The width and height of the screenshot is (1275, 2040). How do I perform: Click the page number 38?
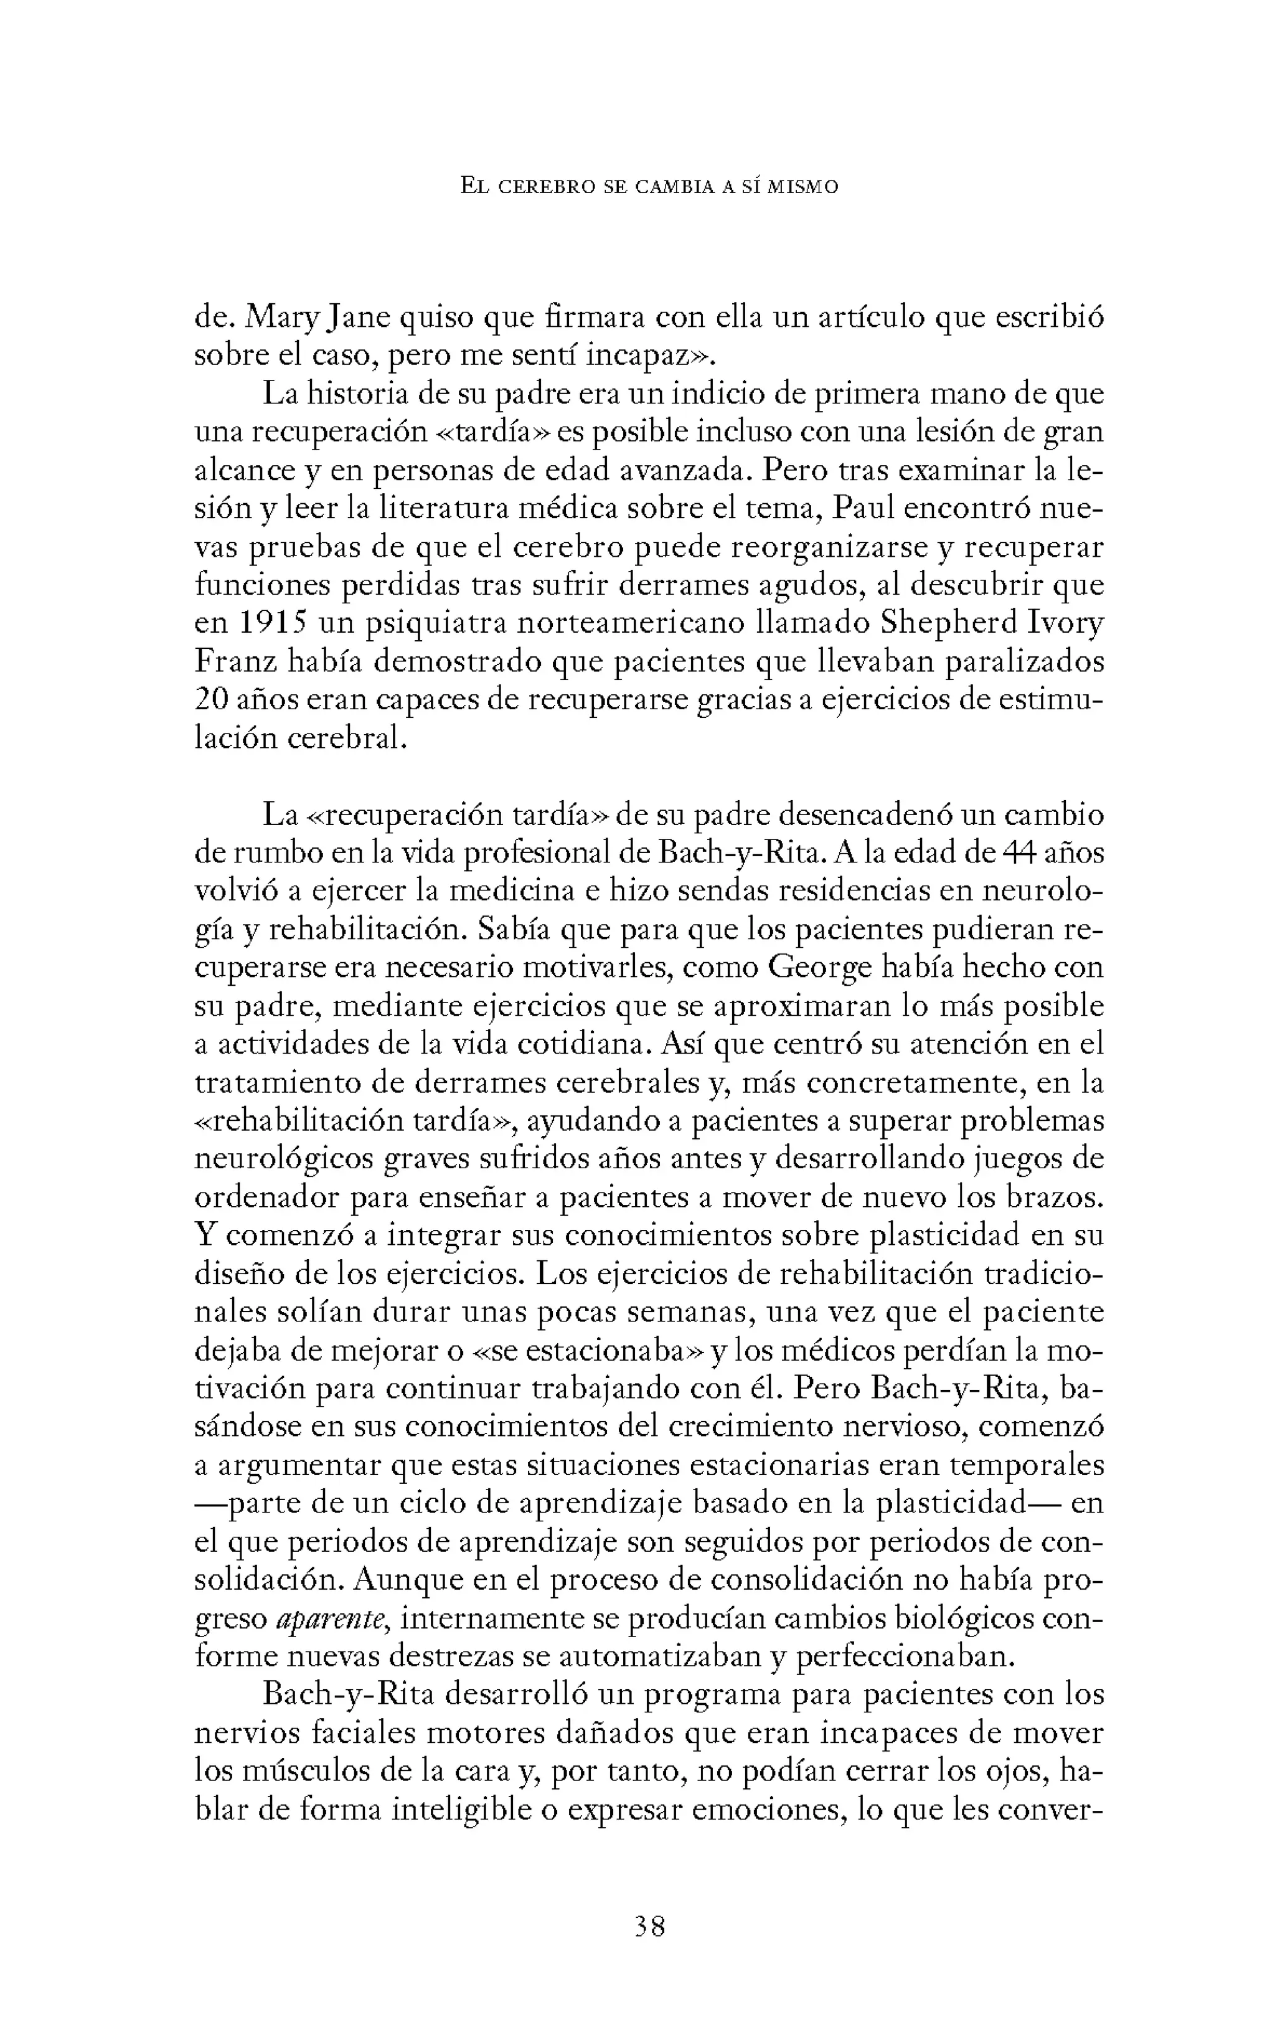click(649, 1927)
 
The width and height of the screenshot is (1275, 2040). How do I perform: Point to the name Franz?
click(235, 661)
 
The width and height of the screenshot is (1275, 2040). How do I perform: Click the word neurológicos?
click(283, 1159)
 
